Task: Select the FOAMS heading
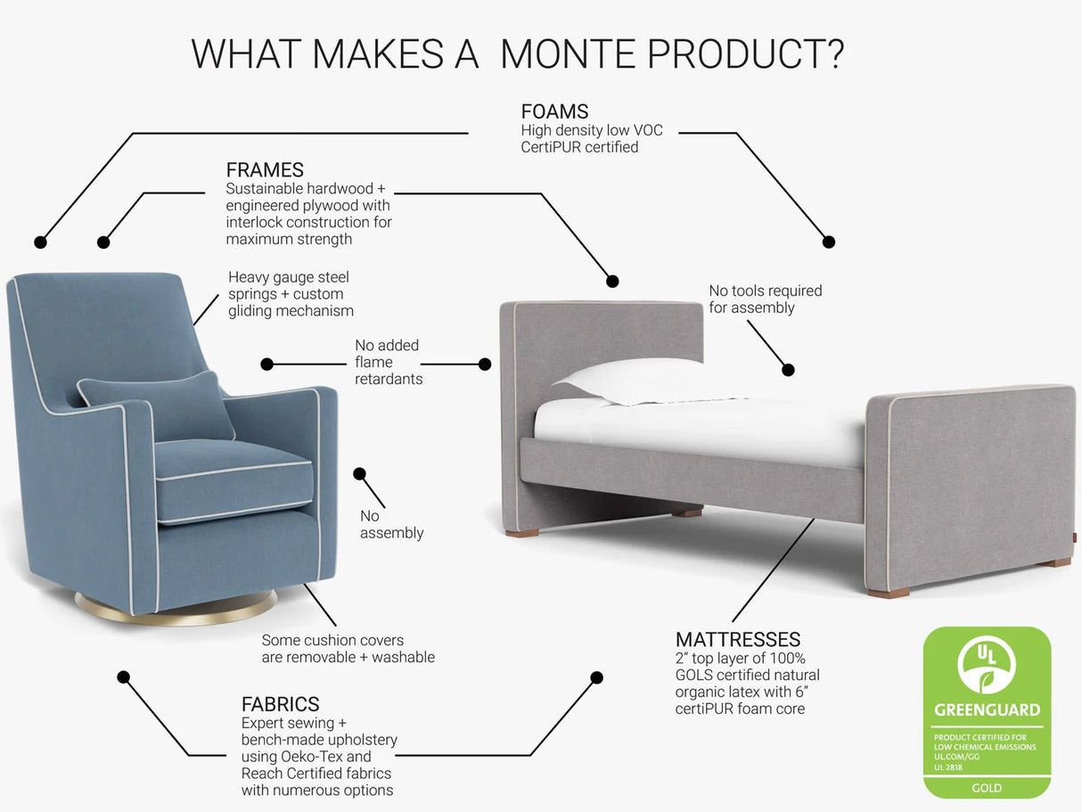tap(554, 111)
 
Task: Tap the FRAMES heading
tap(265, 169)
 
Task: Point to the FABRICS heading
tap(280, 704)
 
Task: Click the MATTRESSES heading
tap(738, 639)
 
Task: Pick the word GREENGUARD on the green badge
tap(987, 710)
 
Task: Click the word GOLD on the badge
tap(987, 788)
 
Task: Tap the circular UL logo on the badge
tap(987, 665)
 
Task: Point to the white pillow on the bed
tap(642, 381)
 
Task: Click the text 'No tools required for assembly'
tap(765, 299)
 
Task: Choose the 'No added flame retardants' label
tap(388, 362)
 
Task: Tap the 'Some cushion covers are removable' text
tap(348, 649)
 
